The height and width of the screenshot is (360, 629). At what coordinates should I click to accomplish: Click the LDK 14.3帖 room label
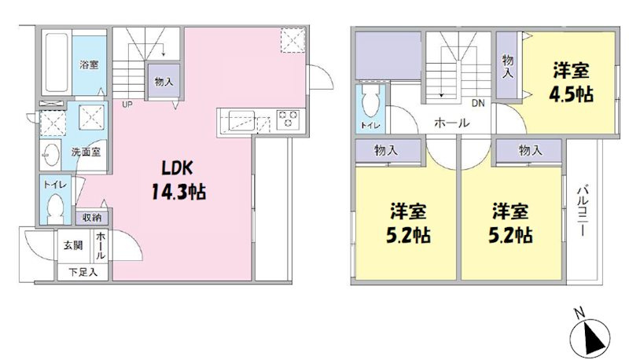pos(183,180)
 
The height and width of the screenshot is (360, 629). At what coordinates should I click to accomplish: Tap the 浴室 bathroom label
pos(88,64)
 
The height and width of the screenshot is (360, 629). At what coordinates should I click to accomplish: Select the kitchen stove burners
pos(288,120)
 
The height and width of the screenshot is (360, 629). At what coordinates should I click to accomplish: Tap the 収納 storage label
pos(90,218)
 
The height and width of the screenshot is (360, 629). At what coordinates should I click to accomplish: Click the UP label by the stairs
pos(126,103)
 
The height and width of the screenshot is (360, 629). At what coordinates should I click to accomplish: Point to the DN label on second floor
pos(477,103)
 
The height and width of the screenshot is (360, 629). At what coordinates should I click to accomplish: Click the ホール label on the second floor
pos(452,123)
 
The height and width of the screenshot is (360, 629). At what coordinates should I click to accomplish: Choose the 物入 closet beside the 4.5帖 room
pos(508,64)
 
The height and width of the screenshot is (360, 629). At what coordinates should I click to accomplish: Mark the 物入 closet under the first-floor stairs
pos(164,81)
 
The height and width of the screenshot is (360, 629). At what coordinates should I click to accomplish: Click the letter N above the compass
pos(578,313)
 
